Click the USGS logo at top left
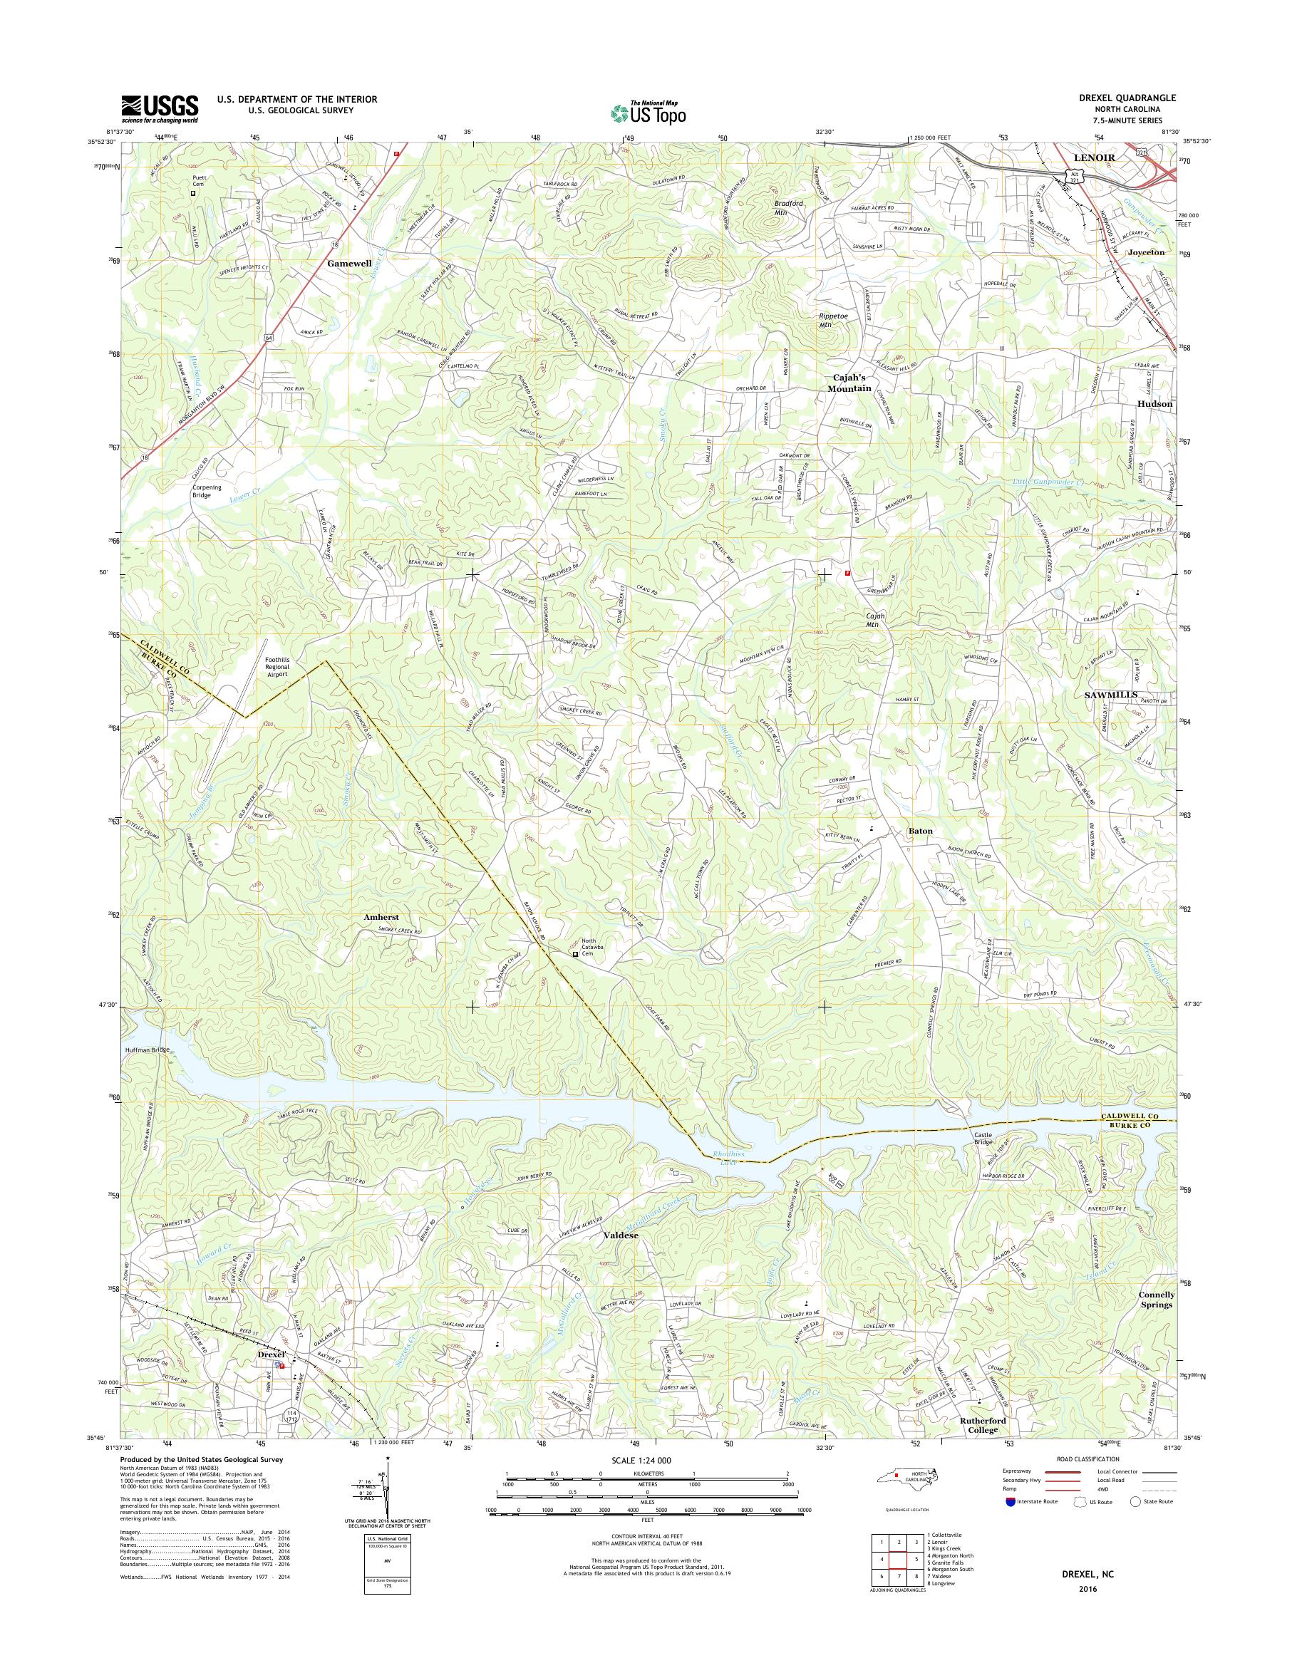pyautogui.click(x=160, y=108)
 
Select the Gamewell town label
pyautogui.click(x=351, y=263)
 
